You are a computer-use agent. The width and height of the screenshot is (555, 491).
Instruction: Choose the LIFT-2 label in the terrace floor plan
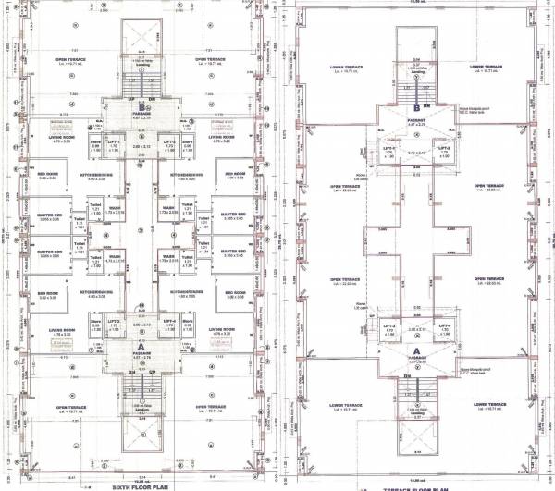tap(443, 147)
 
